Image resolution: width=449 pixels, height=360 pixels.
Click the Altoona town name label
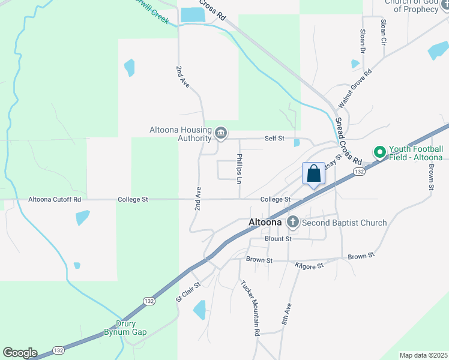[x=265, y=223]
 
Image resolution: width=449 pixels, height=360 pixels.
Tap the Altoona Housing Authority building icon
[x=220, y=133]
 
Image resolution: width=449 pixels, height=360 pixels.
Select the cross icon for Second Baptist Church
[x=293, y=223]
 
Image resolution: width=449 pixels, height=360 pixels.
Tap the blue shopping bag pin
[x=313, y=175]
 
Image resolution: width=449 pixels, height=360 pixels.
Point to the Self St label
[x=274, y=139]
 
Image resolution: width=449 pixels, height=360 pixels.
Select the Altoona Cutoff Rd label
[x=55, y=199]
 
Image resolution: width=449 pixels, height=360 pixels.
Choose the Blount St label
[x=278, y=239]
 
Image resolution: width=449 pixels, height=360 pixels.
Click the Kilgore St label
[x=309, y=265]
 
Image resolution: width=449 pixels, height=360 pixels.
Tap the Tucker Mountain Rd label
[x=251, y=307]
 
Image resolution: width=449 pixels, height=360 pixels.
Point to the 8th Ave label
[x=287, y=314]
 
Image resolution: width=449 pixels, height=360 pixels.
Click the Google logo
[x=20, y=353]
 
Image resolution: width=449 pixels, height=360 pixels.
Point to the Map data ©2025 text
[x=423, y=355]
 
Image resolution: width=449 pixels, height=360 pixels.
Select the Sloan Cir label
[x=383, y=32]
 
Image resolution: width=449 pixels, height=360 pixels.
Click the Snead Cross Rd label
[x=348, y=141]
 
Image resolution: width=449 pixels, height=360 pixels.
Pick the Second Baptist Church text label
[x=345, y=223]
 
